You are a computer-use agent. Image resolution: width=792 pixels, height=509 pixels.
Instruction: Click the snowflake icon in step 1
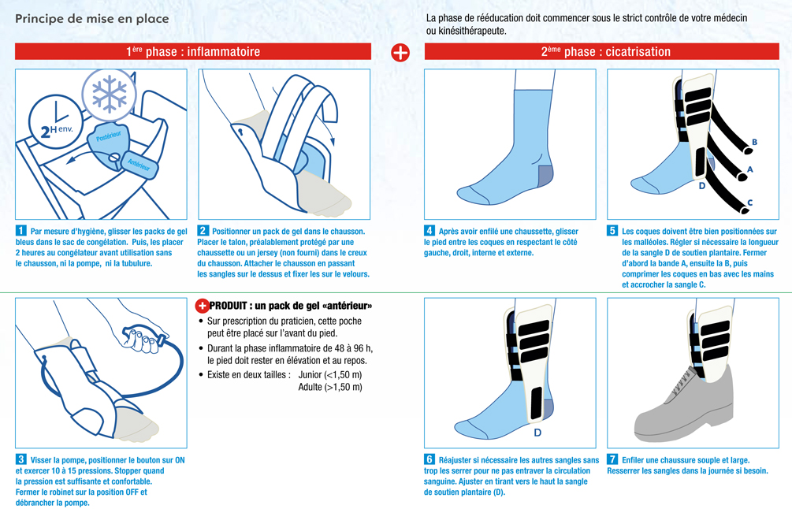pyautogui.click(x=110, y=95)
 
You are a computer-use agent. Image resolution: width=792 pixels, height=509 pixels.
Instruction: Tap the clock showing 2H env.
pyautogui.click(x=55, y=121)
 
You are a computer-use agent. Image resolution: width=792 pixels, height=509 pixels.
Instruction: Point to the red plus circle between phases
pyautogui.click(x=400, y=52)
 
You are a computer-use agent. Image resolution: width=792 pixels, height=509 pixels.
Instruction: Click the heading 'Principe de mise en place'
pyautogui.click(x=92, y=19)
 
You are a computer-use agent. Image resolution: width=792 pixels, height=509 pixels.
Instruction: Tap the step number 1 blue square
pyautogui.click(x=20, y=231)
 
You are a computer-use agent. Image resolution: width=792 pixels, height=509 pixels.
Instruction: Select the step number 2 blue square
pyautogui.click(x=203, y=231)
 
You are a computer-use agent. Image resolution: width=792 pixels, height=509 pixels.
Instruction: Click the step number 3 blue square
pyautogui.click(x=20, y=459)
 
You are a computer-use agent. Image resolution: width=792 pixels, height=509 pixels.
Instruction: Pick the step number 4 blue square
pyautogui.click(x=429, y=231)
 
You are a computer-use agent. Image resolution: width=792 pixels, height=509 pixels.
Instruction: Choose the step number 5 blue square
pyautogui.click(x=612, y=231)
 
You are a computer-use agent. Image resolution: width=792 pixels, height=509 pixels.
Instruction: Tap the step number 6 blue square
pyautogui.click(x=429, y=459)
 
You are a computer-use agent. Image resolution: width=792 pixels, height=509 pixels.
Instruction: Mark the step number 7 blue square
pyautogui.click(x=612, y=459)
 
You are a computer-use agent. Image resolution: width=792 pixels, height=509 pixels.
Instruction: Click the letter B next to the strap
pyautogui.click(x=755, y=143)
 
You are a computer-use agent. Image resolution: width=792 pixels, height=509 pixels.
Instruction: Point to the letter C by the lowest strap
pyautogui.click(x=750, y=203)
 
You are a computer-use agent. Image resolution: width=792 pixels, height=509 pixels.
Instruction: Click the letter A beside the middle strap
pyautogui.click(x=750, y=169)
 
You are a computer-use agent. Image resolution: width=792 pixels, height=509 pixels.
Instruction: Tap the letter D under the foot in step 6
pyautogui.click(x=537, y=433)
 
